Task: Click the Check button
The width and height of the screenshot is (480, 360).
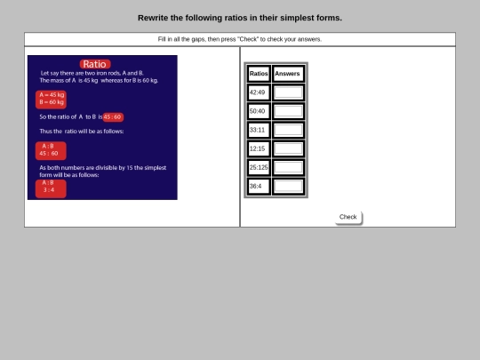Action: click(x=348, y=218)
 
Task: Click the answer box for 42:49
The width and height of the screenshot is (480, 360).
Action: click(x=288, y=92)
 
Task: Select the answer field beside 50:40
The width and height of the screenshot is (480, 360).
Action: click(x=288, y=111)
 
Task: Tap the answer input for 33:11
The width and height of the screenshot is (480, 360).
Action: click(x=288, y=130)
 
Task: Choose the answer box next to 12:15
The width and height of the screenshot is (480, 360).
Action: click(x=288, y=148)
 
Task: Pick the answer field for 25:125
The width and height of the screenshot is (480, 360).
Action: click(x=288, y=167)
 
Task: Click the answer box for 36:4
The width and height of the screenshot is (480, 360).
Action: click(x=288, y=187)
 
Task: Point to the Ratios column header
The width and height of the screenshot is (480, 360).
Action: click(x=259, y=74)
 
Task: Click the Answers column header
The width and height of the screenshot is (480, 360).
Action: click(x=288, y=74)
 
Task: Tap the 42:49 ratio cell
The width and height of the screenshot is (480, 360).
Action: click(x=259, y=92)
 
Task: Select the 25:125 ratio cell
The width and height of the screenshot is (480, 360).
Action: click(x=259, y=167)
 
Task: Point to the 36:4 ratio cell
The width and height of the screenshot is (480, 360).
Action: click(x=259, y=187)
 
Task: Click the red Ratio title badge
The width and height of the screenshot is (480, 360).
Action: click(x=95, y=64)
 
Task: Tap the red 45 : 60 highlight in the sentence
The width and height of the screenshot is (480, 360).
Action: click(x=113, y=117)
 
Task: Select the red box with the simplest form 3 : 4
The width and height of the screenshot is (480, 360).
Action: click(x=51, y=188)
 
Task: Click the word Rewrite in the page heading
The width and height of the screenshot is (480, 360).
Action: click(x=153, y=18)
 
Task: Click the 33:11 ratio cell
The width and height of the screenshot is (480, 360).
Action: click(x=259, y=130)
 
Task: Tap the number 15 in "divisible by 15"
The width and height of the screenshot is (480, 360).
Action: click(x=130, y=168)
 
